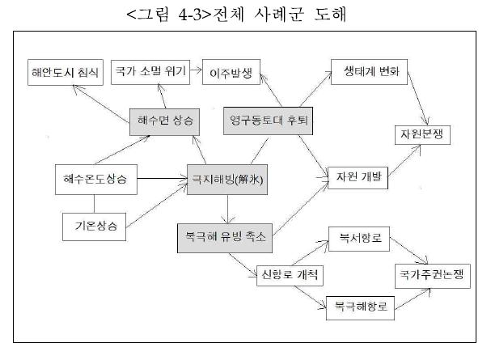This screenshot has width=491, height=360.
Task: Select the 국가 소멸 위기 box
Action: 150,71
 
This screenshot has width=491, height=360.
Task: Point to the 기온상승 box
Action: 94,225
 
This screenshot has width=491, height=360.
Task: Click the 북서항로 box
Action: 361,240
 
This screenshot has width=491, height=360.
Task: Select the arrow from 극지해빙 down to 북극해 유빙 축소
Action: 232,208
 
